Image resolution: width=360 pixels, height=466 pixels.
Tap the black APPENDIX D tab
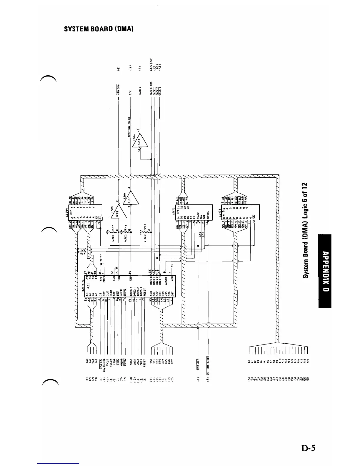(325, 271)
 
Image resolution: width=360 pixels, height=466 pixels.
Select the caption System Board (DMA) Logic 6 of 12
(306, 230)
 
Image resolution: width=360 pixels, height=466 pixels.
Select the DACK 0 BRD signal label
(151, 88)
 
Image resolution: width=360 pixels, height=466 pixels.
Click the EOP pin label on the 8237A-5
(131, 277)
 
